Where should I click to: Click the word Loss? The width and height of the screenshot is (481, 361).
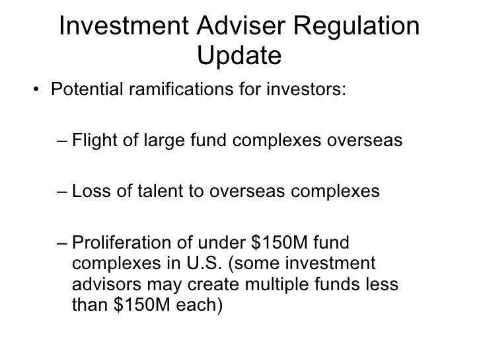tap(90, 191)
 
